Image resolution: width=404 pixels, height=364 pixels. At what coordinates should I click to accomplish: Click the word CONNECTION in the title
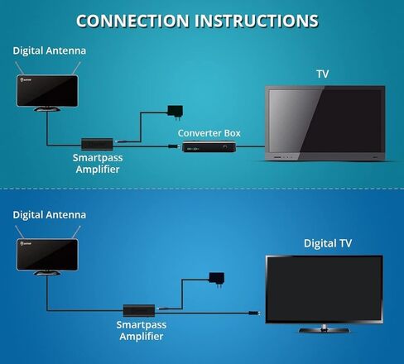[132, 21]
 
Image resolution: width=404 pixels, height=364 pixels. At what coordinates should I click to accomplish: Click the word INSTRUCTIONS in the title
[257, 21]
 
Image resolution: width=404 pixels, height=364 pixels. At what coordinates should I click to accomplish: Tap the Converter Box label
[209, 133]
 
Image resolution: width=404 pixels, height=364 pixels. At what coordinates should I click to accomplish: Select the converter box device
[209, 146]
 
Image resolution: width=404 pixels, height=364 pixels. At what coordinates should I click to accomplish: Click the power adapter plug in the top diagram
[176, 113]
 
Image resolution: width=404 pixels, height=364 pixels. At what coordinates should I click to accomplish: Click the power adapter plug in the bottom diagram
[217, 280]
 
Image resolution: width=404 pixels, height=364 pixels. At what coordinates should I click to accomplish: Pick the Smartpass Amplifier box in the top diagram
[97, 144]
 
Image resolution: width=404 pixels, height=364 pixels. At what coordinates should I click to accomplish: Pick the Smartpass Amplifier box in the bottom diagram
[139, 311]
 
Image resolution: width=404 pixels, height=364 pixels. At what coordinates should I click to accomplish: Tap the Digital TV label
[328, 243]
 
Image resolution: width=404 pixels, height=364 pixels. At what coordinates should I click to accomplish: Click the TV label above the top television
[323, 74]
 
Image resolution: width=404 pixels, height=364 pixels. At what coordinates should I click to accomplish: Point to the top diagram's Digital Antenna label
[50, 50]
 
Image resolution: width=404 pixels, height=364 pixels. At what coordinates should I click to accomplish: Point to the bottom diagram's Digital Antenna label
[50, 215]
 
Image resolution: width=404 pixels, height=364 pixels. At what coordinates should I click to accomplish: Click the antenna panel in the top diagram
[47, 91]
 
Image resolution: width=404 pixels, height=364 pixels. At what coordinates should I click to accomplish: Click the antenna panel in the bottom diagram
[47, 255]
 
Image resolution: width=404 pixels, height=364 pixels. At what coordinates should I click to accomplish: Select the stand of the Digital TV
[325, 328]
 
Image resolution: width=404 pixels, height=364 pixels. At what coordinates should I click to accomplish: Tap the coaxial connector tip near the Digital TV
[254, 314]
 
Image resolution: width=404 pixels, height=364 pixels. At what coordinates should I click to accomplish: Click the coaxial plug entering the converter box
[174, 146]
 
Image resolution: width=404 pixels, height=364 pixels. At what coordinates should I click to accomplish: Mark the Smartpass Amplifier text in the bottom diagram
[142, 330]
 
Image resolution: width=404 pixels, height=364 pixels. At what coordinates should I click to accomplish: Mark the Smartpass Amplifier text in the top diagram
[98, 164]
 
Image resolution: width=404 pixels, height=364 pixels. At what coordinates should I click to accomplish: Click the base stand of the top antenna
[47, 109]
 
